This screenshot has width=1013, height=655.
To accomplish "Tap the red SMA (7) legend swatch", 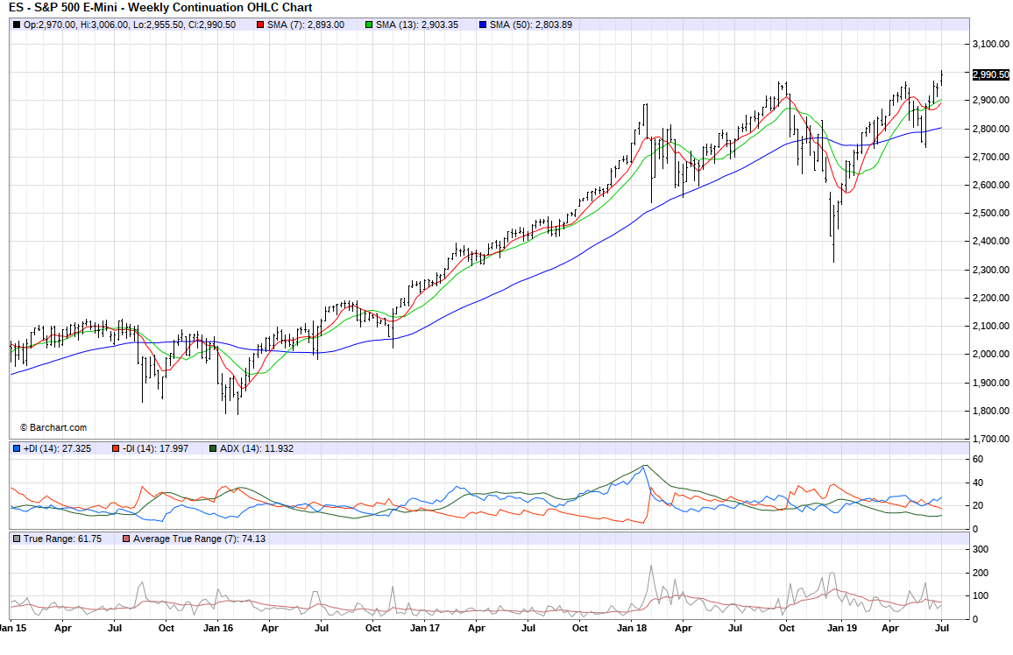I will tap(260, 25).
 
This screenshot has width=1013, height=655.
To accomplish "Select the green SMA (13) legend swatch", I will tap(368, 25).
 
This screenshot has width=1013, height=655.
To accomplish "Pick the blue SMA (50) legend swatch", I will tap(482, 25).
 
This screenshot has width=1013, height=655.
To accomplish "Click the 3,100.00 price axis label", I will tap(988, 44).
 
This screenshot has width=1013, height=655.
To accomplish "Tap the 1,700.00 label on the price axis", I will tap(988, 439).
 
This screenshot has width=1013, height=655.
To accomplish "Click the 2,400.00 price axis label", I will tap(988, 241).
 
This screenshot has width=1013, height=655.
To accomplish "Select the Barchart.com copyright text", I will tap(53, 427).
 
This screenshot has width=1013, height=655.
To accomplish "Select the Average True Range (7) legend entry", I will tap(193, 539).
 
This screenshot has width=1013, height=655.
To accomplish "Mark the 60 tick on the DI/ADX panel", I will tap(977, 459).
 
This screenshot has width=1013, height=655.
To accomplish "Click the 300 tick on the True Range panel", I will tap(980, 549).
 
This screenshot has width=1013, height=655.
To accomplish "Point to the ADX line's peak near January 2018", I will tap(645, 465).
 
